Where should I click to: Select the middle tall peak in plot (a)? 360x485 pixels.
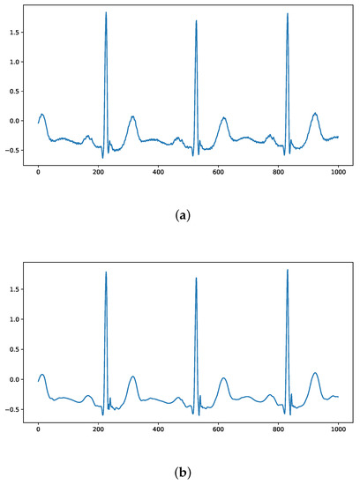point(196,22)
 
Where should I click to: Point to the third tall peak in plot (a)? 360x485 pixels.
point(288,14)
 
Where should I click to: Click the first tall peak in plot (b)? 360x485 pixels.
point(106,273)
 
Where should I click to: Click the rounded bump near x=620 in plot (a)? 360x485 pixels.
point(223,118)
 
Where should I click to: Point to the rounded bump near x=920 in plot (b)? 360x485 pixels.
point(314,373)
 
